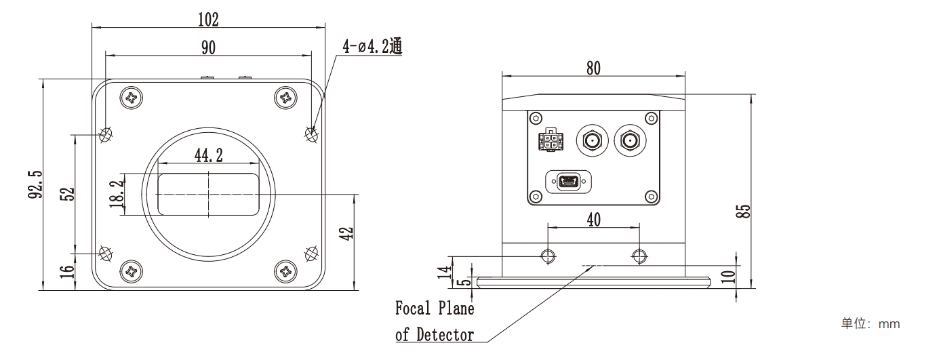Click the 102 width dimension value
(x=208, y=20)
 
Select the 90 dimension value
(x=208, y=47)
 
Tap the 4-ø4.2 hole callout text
(x=372, y=46)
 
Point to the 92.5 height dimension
(x=36, y=184)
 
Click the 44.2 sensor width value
(x=209, y=155)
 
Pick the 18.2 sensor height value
(x=116, y=193)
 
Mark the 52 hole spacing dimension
(x=66, y=194)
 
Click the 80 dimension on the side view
(x=593, y=68)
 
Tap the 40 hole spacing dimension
(x=593, y=219)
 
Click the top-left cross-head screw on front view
(x=131, y=98)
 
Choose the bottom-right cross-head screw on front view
(x=287, y=273)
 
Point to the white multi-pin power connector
(x=550, y=142)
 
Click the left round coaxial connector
(x=591, y=142)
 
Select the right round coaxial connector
(x=630, y=142)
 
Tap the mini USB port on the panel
(x=568, y=182)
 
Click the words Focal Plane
(x=435, y=308)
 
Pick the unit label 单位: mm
(x=871, y=323)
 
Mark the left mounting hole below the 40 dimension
(x=547, y=256)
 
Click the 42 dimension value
(x=346, y=234)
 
